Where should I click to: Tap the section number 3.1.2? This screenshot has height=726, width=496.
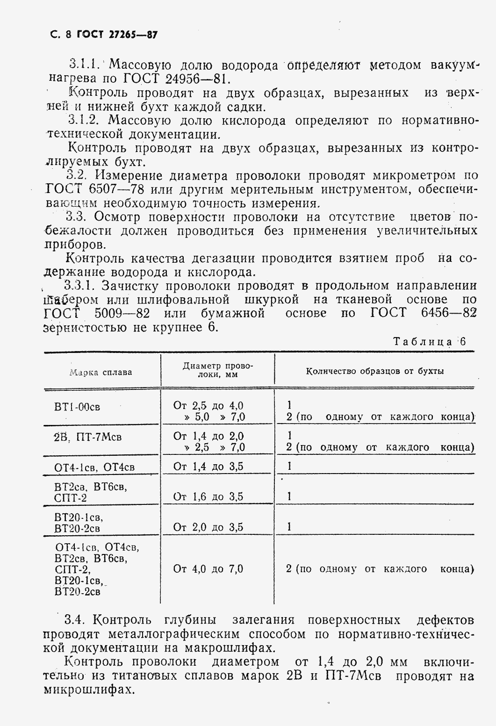pyautogui.click(x=83, y=120)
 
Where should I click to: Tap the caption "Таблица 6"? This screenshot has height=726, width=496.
pyautogui.click(x=430, y=341)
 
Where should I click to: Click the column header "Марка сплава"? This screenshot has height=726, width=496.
pyautogui.click(x=101, y=372)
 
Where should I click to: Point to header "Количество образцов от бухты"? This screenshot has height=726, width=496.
pyautogui.click(x=375, y=371)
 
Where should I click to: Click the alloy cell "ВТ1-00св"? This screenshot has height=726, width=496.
pyautogui.click(x=77, y=407)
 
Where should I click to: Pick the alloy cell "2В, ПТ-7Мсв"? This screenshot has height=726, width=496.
pyautogui.click(x=87, y=437)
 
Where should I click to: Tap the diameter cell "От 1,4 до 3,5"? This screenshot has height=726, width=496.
pyautogui.click(x=208, y=466)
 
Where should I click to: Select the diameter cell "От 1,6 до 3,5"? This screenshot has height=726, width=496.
pyautogui.click(x=208, y=496)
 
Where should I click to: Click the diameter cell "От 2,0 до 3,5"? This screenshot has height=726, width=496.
pyautogui.click(x=208, y=527)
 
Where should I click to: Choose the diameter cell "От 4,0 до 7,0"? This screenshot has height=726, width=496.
pyautogui.click(x=208, y=569)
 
